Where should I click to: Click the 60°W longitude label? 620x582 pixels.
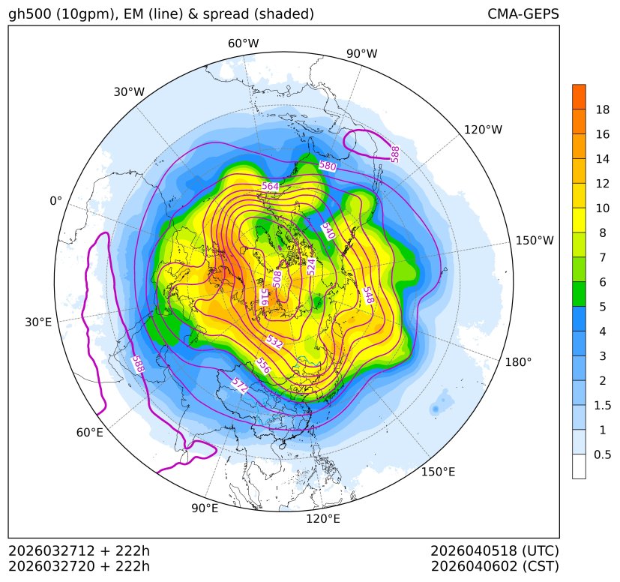tap(243, 43)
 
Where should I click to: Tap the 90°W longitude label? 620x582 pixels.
tap(362, 54)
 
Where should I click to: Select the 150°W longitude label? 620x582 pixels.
tap(535, 241)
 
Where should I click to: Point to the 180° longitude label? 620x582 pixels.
tap(518, 362)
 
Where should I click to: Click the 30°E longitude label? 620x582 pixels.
tap(38, 322)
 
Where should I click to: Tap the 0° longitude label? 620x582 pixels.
tap(55, 201)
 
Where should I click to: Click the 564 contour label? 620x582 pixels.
tap(270, 186)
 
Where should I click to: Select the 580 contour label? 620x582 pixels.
tap(328, 166)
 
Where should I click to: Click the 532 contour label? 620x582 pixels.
tap(274, 342)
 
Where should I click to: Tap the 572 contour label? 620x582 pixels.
tap(239, 385)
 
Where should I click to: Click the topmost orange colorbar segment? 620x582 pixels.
tap(579, 97)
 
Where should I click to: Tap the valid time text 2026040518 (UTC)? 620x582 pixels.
tap(495, 550)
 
